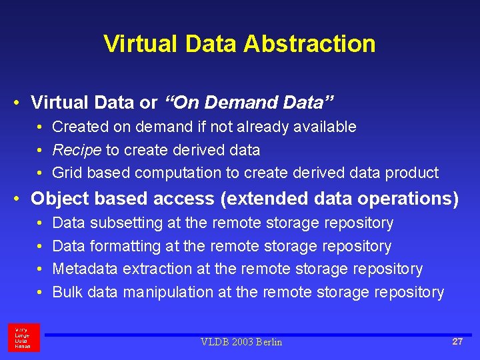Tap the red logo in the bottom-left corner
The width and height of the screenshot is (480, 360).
click(x=24, y=337)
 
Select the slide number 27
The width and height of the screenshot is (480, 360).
click(x=457, y=341)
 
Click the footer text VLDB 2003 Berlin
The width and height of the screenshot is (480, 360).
click(x=241, y=342)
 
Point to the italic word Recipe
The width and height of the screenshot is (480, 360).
click(x=77, y=150)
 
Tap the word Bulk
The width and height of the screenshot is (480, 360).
click(x=67, y=292)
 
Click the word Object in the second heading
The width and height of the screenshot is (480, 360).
click(x=56, y=199)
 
